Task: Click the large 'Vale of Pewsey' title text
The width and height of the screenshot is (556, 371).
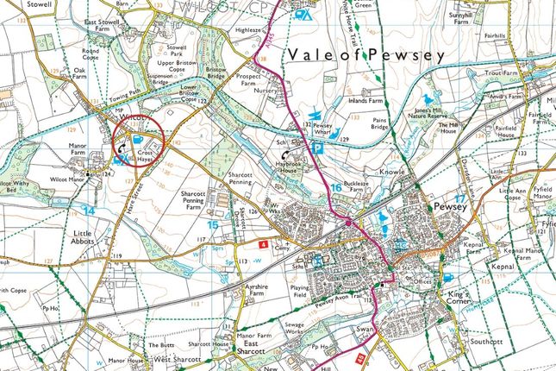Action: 367,55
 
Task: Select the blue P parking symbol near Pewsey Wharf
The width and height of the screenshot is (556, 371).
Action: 316,148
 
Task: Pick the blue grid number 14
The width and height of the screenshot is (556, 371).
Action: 88,210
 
